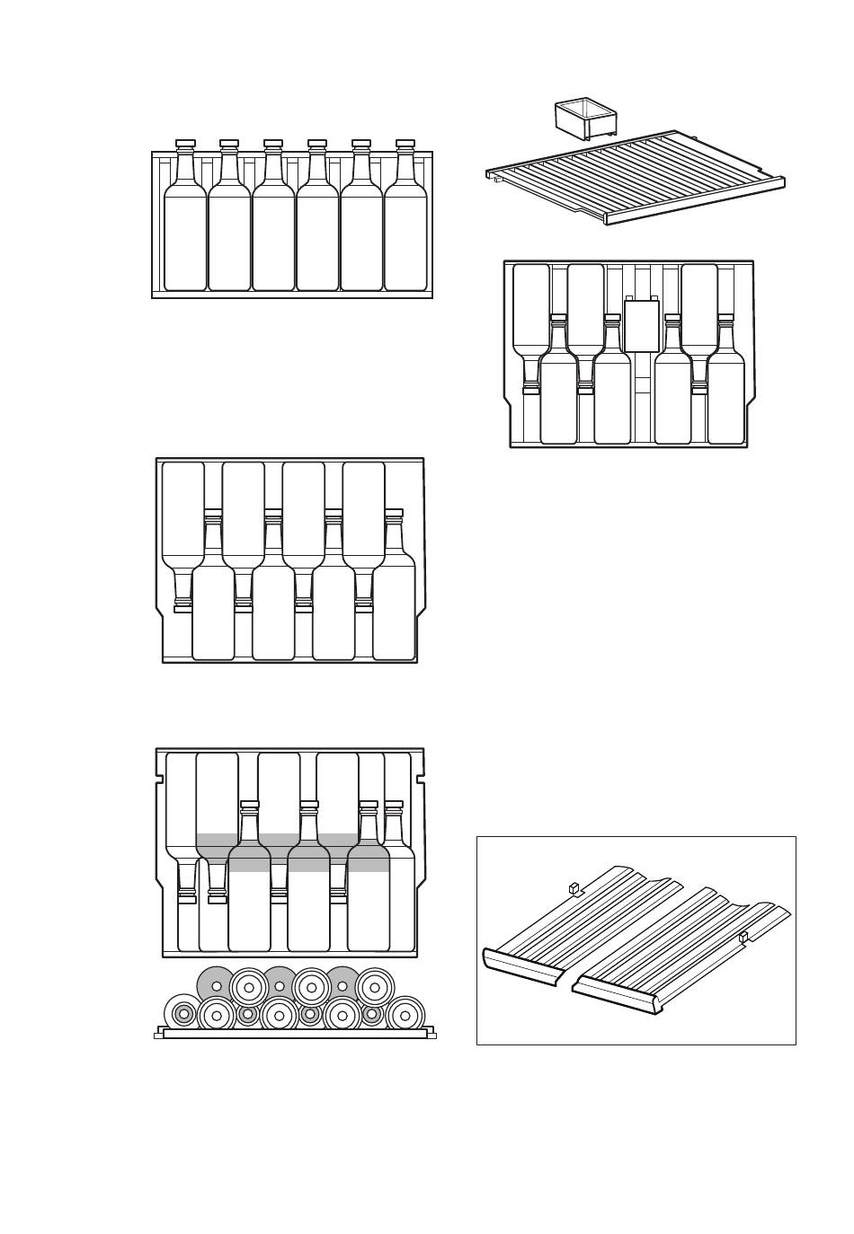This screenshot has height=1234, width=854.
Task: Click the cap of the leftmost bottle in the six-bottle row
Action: [185, 144]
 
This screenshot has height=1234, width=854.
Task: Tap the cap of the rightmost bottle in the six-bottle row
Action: [405, 144]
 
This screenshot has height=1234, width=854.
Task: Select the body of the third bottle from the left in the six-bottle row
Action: [273, 238]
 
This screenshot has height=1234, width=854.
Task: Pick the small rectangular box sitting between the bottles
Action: [641, 325]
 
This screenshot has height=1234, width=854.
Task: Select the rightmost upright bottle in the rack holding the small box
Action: [725, 395]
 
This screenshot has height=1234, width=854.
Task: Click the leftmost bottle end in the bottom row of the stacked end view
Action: [183, 1015]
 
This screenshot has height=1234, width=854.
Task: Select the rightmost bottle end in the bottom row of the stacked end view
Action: [405, 1015]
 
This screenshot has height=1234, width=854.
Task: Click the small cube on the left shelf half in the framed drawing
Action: [573, 888]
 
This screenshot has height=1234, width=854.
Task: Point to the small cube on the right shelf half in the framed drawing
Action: [743, 938]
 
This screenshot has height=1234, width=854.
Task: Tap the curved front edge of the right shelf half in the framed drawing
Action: [620, 997]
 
